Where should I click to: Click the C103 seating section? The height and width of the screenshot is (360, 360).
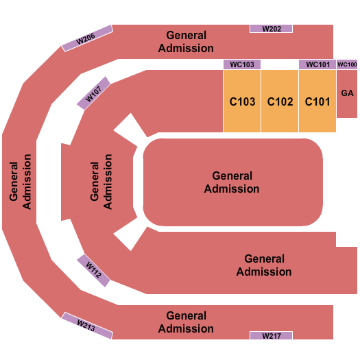(242, 101)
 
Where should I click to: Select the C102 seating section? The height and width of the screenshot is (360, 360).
(280, 101)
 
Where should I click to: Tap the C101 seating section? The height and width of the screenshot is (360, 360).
(317, 101)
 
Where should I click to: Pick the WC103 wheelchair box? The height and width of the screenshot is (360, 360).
(242, 64)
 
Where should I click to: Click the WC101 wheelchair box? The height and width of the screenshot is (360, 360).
(317, 64)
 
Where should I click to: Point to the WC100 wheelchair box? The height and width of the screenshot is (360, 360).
(347, 64)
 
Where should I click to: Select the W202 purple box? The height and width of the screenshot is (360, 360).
(271, 29)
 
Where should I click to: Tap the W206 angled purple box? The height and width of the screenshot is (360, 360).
(86, 38)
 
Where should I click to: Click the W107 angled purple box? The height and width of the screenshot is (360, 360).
(94, 92)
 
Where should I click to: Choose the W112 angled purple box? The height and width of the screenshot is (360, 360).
(94, 270)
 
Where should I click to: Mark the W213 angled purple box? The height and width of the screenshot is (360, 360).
(86, 324)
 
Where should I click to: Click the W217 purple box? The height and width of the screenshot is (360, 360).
(271, 335)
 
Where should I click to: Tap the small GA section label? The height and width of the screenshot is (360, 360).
(347, 93)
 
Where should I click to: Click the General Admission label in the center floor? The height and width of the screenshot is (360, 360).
(232, 182)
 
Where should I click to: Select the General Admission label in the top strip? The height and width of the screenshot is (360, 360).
(186, 41)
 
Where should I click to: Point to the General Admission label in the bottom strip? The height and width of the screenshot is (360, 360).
(186, 322)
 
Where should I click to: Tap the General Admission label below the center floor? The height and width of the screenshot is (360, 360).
(264, 265)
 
